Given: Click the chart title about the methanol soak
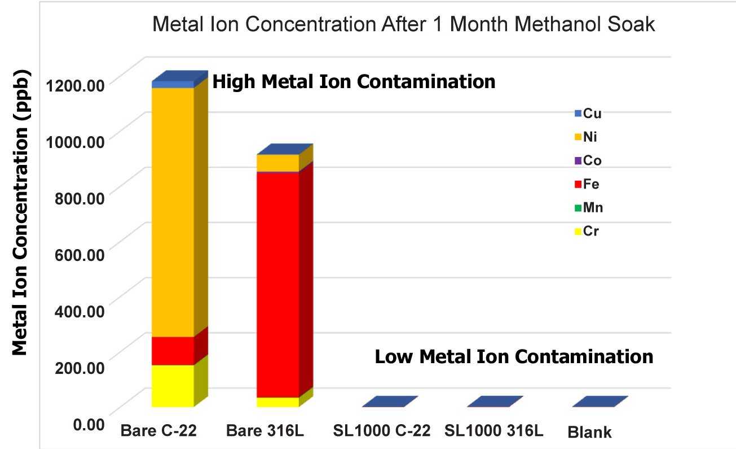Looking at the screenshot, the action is (403, 24).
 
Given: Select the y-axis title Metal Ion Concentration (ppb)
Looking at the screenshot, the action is (20, 212).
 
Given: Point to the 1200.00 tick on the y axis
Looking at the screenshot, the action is (75, 86).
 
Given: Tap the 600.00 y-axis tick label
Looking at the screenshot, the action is (80, 255).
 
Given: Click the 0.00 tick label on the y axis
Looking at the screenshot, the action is (89, 424).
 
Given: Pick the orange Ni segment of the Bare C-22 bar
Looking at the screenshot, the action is (173, 212).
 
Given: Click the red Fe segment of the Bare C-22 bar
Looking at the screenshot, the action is (173, 351).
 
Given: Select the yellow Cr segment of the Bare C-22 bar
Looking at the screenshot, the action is (173, 386).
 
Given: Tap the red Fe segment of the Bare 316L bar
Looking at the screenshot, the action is (278, 285).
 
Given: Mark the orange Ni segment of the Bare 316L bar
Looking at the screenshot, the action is (278, 163).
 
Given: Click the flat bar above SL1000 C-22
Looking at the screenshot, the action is (390, 402).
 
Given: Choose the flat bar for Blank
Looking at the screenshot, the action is (600, 402).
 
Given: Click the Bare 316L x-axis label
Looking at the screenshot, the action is (265, 430).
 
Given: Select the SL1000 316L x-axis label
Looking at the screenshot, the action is (494, 430).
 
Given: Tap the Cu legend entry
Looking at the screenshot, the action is (588, 114).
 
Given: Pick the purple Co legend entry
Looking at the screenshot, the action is (588, 160).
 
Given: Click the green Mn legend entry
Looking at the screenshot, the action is (589, 208).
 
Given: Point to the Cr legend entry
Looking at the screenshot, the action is (587, 231).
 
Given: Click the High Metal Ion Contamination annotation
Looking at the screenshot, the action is (354, 81).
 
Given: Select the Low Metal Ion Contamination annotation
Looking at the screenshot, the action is (514, 356).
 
